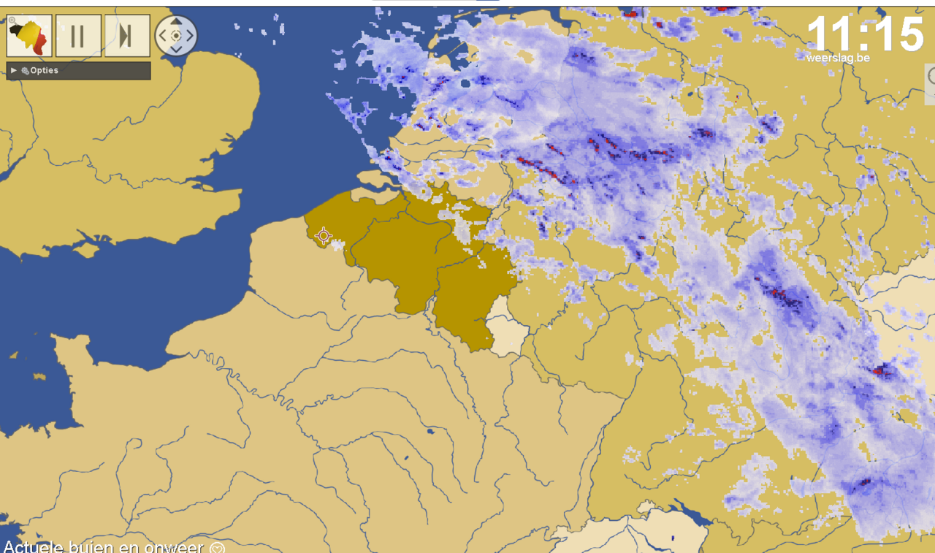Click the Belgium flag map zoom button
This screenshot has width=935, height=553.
pyautogui.click(x=29, y=36)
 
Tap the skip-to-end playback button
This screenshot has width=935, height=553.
pyautogui.click(x=127, y=36)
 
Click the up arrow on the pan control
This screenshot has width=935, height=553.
pyautogui.click(x=176, y=22)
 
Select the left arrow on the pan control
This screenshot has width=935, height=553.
pyautogui.click(x=162, y=35)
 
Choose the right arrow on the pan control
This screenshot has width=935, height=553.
pyautogui.click(x=190, y=35)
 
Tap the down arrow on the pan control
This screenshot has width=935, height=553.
pyautogui.click(x=176, y=49)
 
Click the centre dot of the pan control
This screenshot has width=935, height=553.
pyautogui.click(x=176, y=35)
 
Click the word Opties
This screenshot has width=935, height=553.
pyautogui.click(x=45, y=71)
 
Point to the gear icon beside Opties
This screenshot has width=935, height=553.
pyautogui.click(x=25, y=71)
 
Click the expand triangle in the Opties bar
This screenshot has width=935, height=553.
pyautogui.click(x=14, y=71)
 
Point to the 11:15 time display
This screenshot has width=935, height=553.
pyautogui.click(x=865, y=34)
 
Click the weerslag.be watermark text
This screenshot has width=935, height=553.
pyautogui.click(x=838, y=58)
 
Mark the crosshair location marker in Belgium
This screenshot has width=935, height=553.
pyautogui.click(x=323, y=235)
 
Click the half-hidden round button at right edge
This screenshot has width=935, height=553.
pyautogui.click(x=931, y=75)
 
